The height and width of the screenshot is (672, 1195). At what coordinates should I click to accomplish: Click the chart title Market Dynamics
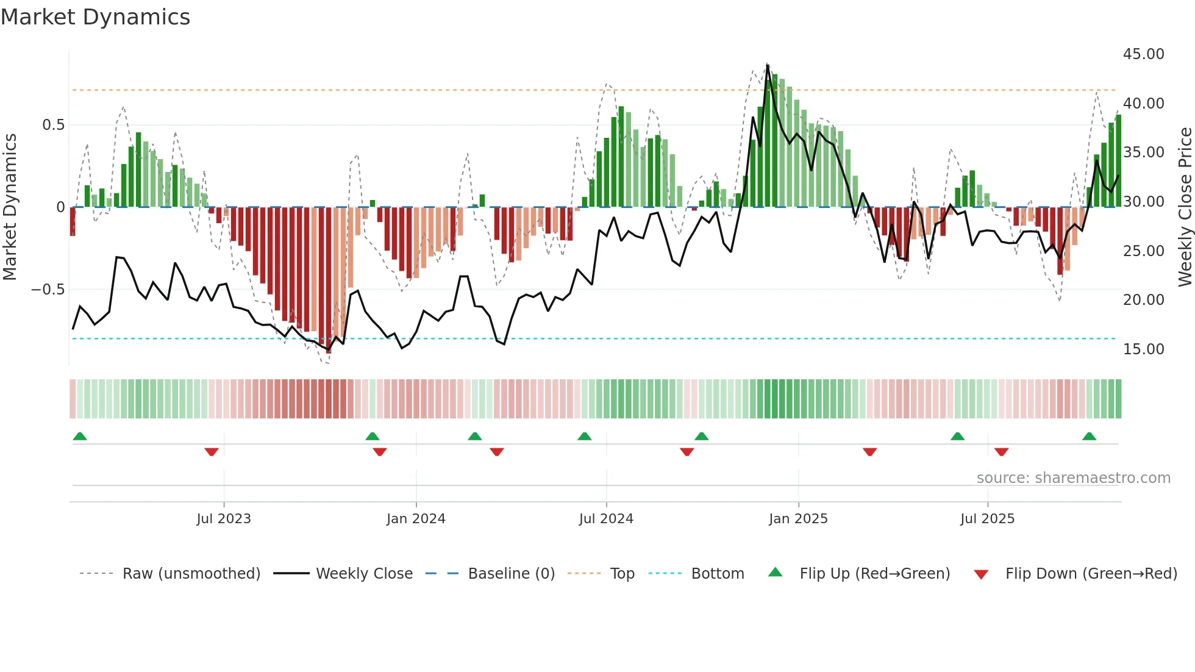tap(95, 17)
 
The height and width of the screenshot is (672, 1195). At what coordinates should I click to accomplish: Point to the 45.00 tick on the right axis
tap(1143, 54)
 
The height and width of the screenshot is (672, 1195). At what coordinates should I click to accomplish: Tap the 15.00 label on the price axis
tap(1143, 349)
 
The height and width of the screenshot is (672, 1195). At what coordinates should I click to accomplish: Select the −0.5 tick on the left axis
tap(48, 290)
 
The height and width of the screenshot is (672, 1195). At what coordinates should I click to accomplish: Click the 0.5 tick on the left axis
tap(53, 125)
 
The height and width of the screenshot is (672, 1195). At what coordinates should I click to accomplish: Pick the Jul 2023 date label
tap(224, 519)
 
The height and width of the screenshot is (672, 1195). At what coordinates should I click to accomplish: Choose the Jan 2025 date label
tap(798, 519)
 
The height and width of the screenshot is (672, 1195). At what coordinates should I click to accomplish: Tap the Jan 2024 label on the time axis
tap(416, 519)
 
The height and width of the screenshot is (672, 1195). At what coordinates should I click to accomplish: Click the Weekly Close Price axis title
tap(1185, 207)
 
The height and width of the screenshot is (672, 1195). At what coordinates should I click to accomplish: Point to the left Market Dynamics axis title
tap(10, 207)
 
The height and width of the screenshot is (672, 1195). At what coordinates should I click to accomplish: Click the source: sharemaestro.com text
tap(1073, 478)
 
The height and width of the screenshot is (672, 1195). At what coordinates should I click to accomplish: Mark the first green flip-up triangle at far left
tap(80, 436)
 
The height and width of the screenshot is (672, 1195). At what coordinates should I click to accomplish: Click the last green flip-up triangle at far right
tap(1089, 436)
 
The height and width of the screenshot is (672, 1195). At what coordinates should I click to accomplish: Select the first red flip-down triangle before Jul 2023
tap(212, 452)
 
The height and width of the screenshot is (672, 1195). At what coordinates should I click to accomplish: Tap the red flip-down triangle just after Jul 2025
tap(1001, 452)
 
